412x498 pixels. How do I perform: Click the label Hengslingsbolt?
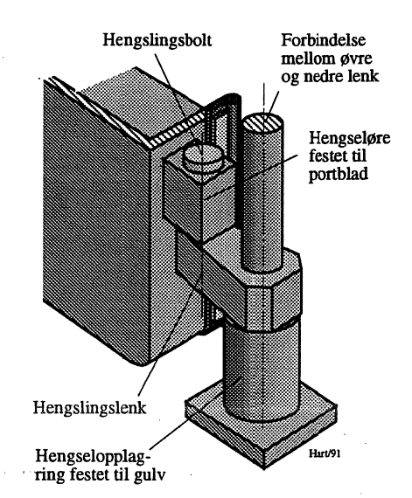point(157,41)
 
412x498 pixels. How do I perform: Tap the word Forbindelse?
point(324,40)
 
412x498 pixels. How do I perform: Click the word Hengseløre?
point(350,138)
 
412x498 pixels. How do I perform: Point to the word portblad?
point(339,174)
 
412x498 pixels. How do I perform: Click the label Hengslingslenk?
point(89,407)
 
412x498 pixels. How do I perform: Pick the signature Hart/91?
point(325,453)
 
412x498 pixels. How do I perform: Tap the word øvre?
point(356,59)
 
